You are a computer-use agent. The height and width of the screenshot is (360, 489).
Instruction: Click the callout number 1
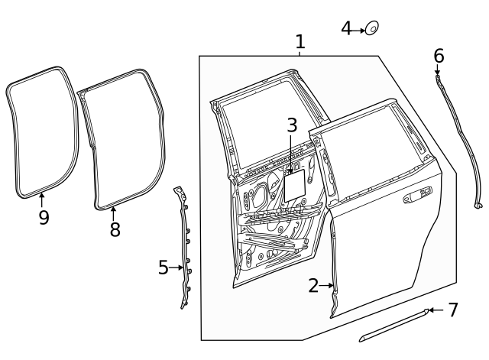click(300, 42)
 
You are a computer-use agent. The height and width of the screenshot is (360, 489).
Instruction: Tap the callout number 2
click(313, 286)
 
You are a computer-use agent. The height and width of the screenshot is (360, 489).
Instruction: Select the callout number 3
click(291, 125)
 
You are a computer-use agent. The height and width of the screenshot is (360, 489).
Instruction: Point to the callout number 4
click(346, 29)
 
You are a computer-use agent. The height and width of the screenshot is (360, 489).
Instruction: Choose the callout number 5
click(163, 268)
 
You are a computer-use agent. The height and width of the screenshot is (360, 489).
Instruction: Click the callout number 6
click(439, 56)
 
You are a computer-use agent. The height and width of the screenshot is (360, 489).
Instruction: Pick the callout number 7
click(452, 310)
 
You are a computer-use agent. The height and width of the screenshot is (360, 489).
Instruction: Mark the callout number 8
click(115, 229)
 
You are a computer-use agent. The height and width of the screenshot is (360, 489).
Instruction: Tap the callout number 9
click(44, 218)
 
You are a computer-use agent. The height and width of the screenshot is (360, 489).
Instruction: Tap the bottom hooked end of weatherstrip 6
click(478, 205)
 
